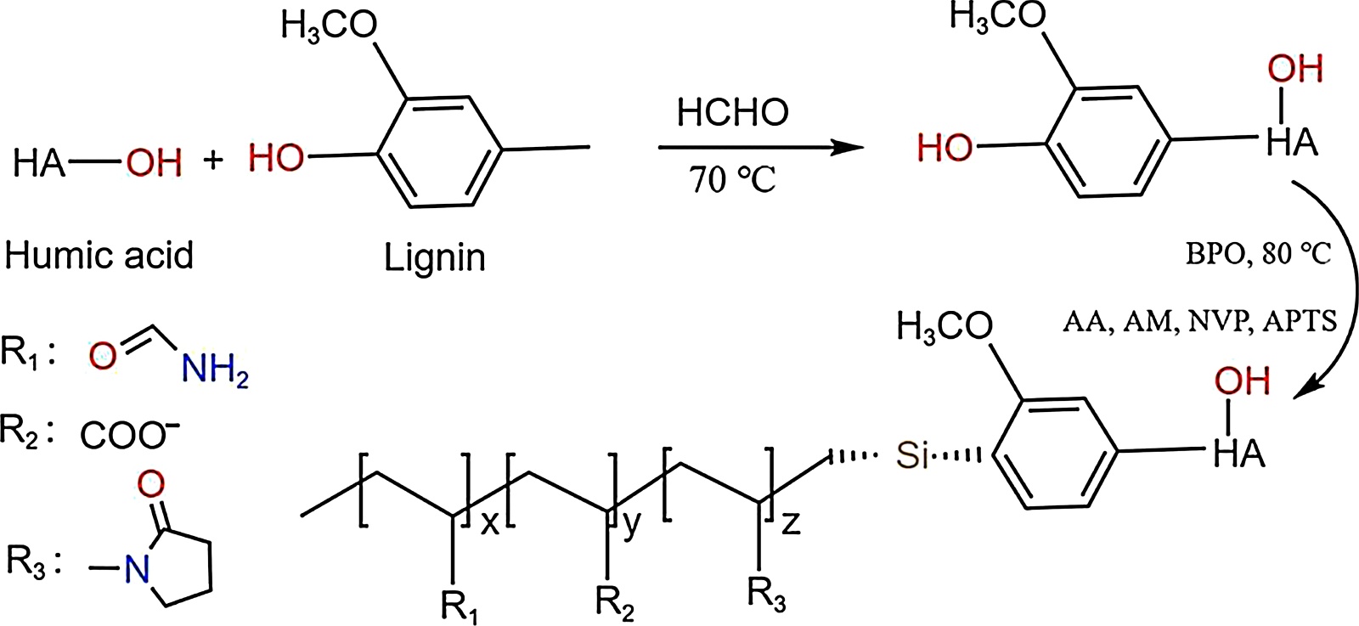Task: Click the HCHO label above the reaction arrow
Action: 732,112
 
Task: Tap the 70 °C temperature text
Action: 732,180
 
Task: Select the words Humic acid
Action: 99,255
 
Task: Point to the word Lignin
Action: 434,257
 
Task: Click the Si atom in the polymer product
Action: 912,455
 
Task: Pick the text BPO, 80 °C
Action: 1258,253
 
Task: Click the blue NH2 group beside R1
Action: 215,369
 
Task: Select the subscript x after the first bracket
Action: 490,524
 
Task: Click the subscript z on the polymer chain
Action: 790,522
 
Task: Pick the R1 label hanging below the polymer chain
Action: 459,606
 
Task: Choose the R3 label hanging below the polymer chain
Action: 766,594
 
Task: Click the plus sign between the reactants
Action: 213,159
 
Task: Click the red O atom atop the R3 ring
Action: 150,484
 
